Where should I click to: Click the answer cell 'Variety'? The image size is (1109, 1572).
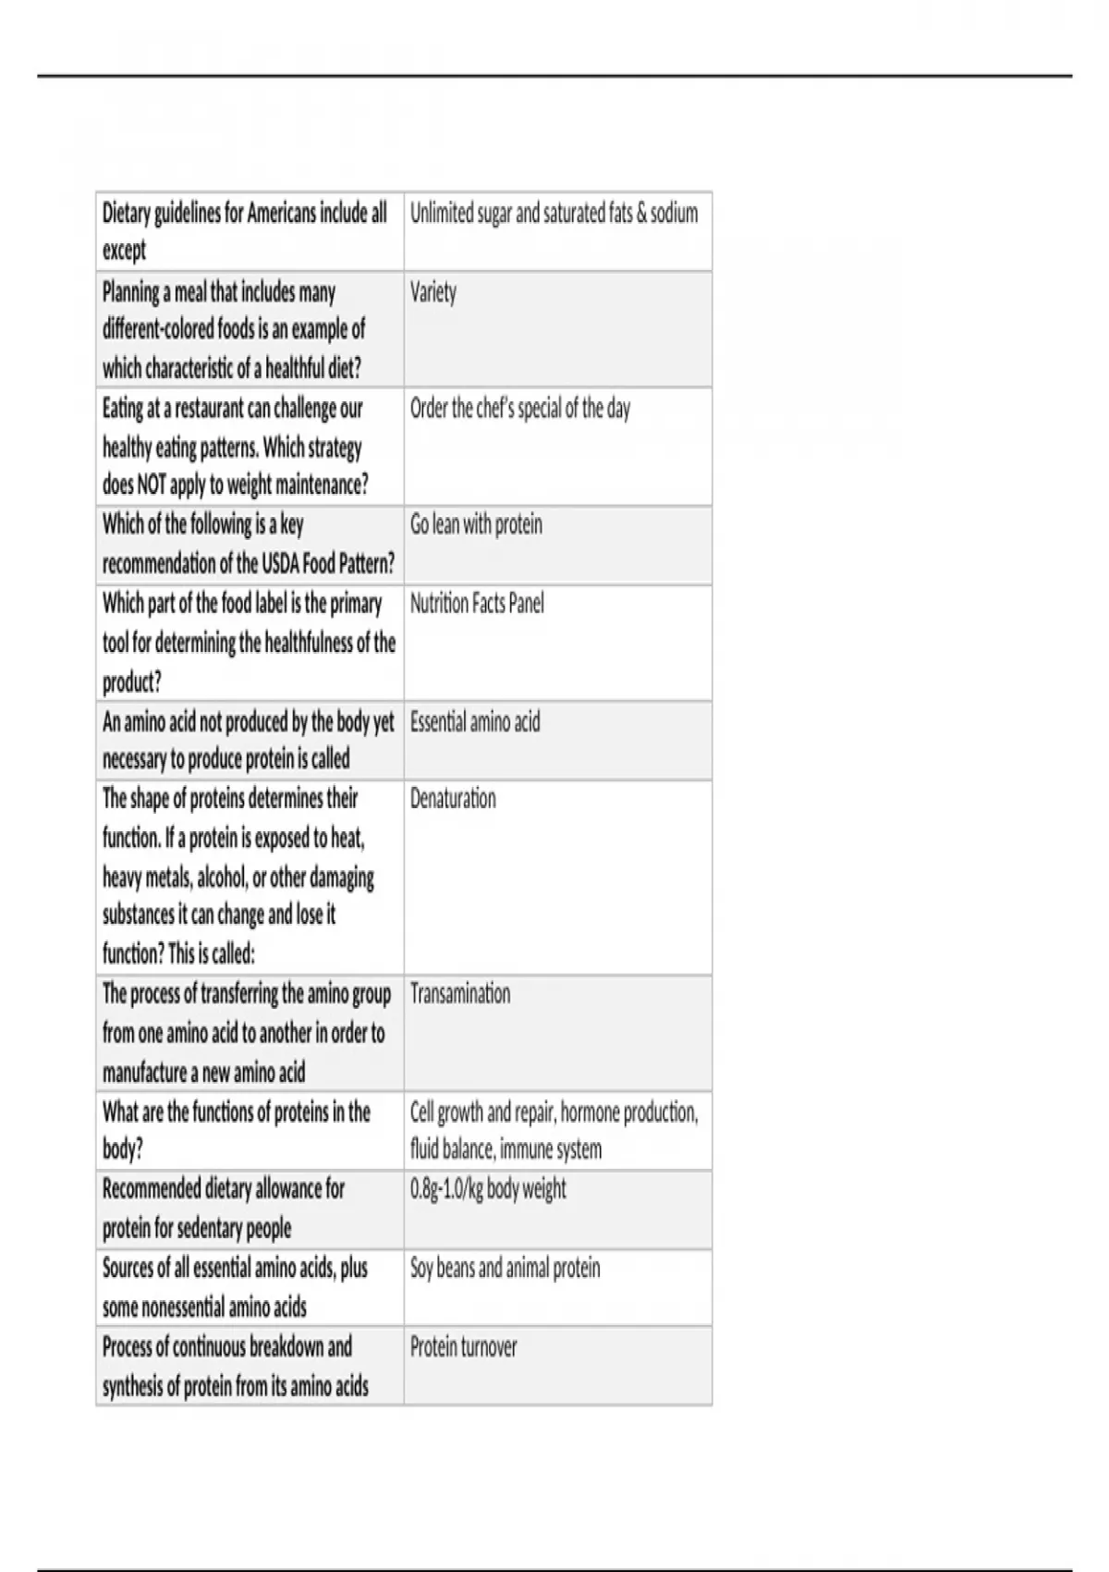coord(433,293)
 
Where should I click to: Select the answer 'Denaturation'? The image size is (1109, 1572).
coord(453,799)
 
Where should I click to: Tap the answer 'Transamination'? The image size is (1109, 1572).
coord(460,995)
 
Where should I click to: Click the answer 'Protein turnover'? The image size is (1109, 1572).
coord(463,1347)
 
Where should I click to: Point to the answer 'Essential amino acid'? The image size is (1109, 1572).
coord(475,722)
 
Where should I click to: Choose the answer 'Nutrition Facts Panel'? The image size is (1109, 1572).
coord(477,605)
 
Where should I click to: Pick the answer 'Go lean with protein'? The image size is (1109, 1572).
coord(476,525)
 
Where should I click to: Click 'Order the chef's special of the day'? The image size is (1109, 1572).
coord(520,409)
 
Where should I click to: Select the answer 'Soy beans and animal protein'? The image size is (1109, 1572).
coord(505,1269)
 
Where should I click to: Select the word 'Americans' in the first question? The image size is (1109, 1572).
coord(282,215)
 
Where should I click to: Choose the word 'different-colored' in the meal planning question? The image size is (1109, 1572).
coord(157,330)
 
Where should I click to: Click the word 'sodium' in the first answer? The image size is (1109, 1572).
coord(674,215)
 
